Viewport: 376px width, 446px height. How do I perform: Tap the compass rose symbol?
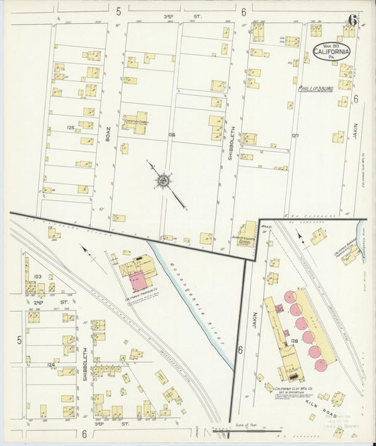pos(162,181)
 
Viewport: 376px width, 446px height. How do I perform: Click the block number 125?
pos(71,128)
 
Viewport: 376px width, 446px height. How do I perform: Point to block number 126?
pos(171,134)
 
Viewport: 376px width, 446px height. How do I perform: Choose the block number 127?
pos(295,135)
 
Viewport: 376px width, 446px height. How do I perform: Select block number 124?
pos(50,364)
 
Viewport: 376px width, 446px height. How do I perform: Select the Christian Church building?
pos(136,121)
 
